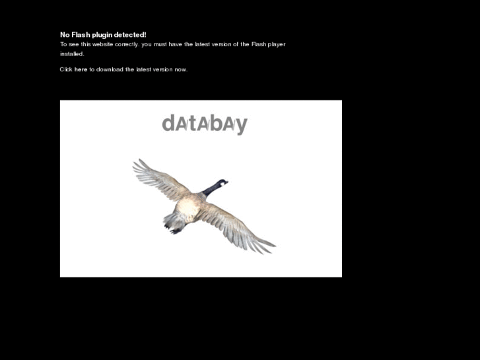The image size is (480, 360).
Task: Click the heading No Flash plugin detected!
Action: click(103, 34)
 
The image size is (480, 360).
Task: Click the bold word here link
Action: click(81, 69)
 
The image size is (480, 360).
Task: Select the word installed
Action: click(72, 54)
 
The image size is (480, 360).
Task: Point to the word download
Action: click(110, 69)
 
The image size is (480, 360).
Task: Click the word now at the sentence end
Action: click(181, 69)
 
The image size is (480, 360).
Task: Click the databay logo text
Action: click(204, 124)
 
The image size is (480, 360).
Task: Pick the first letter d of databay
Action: click(168, 124)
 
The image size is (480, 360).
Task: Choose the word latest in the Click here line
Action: click(143, 69)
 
